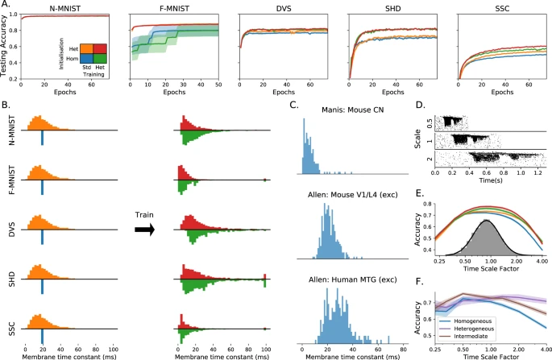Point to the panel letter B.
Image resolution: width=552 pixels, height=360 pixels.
[6, 106]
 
